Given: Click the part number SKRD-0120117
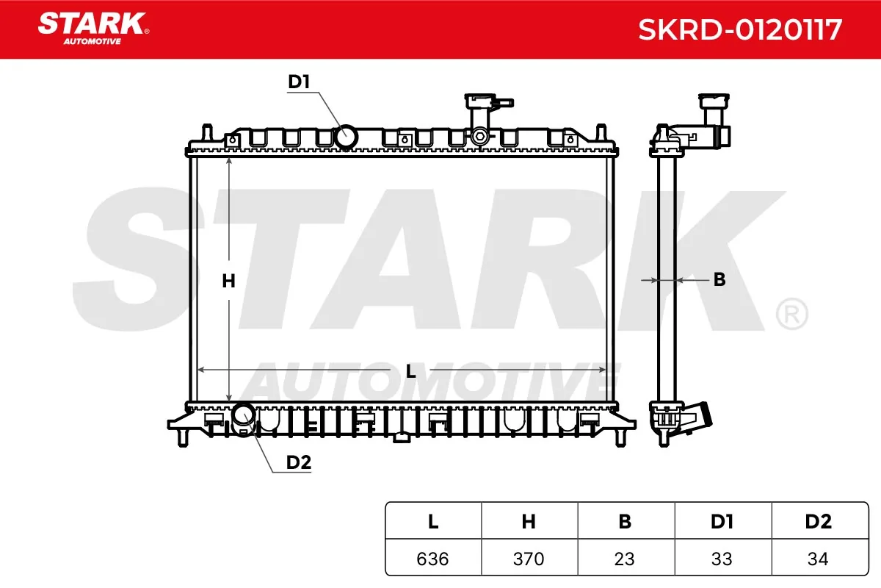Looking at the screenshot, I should (x=739, y=30).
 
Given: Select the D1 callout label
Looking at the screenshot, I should (x=299, y=82).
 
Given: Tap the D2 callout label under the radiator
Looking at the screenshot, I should (x=299, y=462).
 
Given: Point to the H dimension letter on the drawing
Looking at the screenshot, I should (x=228, y=281).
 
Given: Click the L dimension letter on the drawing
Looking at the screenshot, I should (x=411, y=372).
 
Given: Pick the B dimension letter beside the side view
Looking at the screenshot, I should (x=719, y=279).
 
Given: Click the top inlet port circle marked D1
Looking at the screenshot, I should (x=346, y=137).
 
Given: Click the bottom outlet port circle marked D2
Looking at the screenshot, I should (x=243, y=415).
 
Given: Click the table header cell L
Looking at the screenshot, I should (x=433, y=522).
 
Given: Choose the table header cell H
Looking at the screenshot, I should (x=529, y=522).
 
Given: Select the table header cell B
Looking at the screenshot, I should (x=625, y=522).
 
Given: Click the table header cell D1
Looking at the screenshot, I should (x=722, y=522).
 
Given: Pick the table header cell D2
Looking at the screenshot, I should (x=818, y=522).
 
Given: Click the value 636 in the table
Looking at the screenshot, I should (x=433, y=559).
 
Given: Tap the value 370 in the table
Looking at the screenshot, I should (x=529, y=559).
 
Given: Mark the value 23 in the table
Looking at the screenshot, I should (x=625, y=559).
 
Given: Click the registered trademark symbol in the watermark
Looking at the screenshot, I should (x=791, y=314).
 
